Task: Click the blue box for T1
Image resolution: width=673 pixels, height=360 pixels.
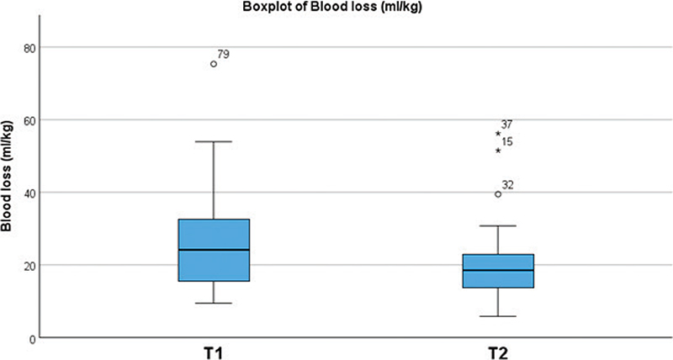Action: click(214, 236)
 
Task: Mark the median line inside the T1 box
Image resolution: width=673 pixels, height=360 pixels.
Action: click(214, 250)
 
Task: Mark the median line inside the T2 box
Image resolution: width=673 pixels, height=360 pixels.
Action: click(498, 270)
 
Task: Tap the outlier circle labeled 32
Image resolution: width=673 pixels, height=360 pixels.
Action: click(498, 194)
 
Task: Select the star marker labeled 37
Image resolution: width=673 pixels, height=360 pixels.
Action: click(498, 133)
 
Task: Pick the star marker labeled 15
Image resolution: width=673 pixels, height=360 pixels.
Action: click(498, 150)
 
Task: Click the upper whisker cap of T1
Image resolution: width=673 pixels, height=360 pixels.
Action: click(214, 141)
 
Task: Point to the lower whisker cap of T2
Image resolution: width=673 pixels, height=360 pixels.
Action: click(498, 316)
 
